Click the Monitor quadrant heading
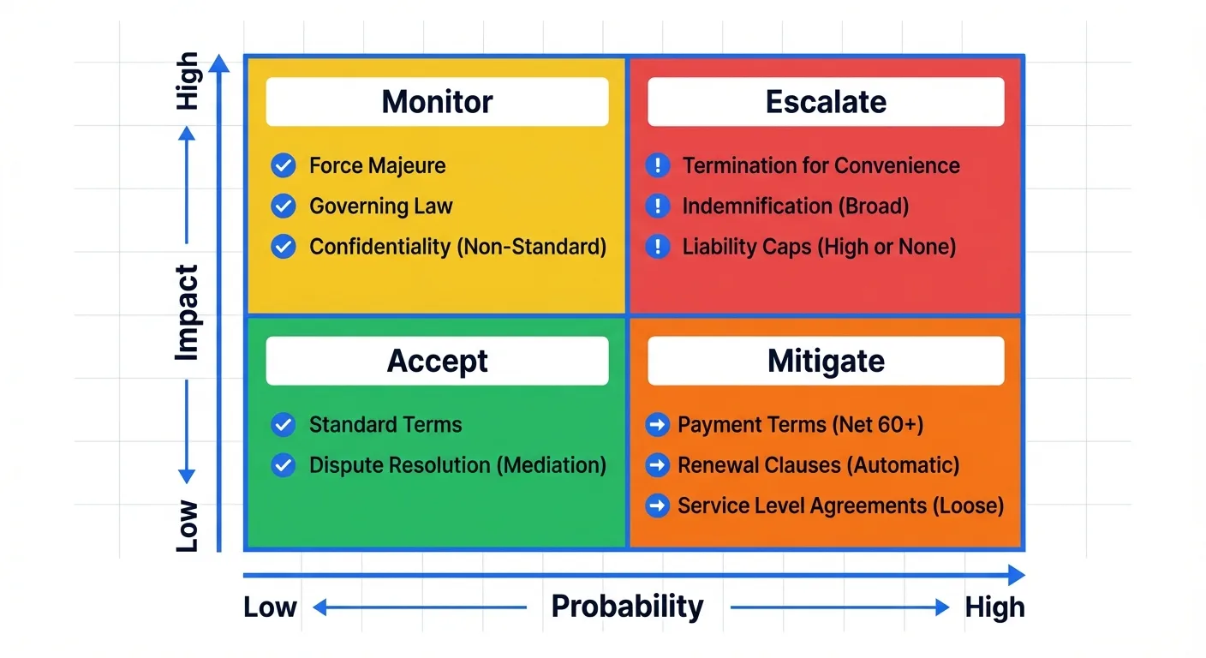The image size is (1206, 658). (x=437, y=102)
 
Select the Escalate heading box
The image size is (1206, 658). (x=826, y=102)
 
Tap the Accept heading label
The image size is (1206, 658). (x=437, y=361)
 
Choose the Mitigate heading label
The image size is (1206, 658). (x=826, y=361)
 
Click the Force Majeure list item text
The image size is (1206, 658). (x=377, y=165)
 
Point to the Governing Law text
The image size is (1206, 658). (x=380, y=206)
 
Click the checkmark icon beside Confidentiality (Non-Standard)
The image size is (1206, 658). (x=283, y=247)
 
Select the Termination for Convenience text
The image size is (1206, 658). (x=821, y=165)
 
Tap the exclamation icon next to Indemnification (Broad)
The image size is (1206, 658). (x=657, y=206)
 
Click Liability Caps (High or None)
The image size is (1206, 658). (x=819, y=248)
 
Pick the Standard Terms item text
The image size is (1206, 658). (x=385, y=425)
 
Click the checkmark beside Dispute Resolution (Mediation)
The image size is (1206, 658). (x=283, y=465)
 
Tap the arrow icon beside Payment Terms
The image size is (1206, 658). (x=657, y=425)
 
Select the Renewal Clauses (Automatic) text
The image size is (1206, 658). (x=818, y=465)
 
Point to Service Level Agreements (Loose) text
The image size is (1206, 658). (x=840, y=505)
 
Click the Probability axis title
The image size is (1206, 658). (x=627, y=607)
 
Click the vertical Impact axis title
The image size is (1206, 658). (x=187, y=312)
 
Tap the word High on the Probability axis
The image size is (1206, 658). (x=994, y=607)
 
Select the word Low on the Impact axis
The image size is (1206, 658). (x=187, y=525)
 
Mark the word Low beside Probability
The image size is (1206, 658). (x=270, y=607)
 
